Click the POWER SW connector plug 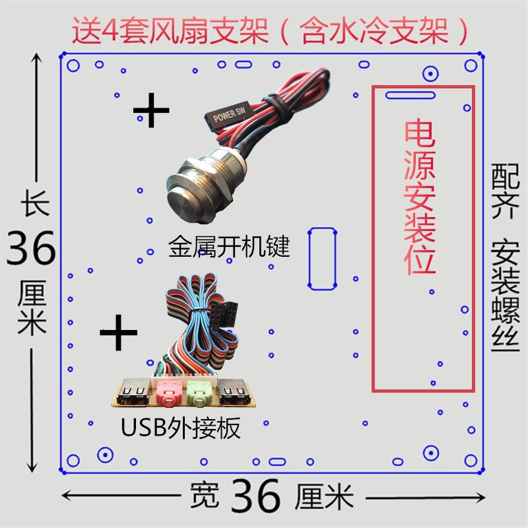click(227, 117)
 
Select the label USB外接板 click(180, 428)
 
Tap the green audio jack click(197, 394)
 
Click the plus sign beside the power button click(152, 110)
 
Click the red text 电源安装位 click(420, 197)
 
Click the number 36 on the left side click(31, 249)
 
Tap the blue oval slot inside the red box click(410, 95)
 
